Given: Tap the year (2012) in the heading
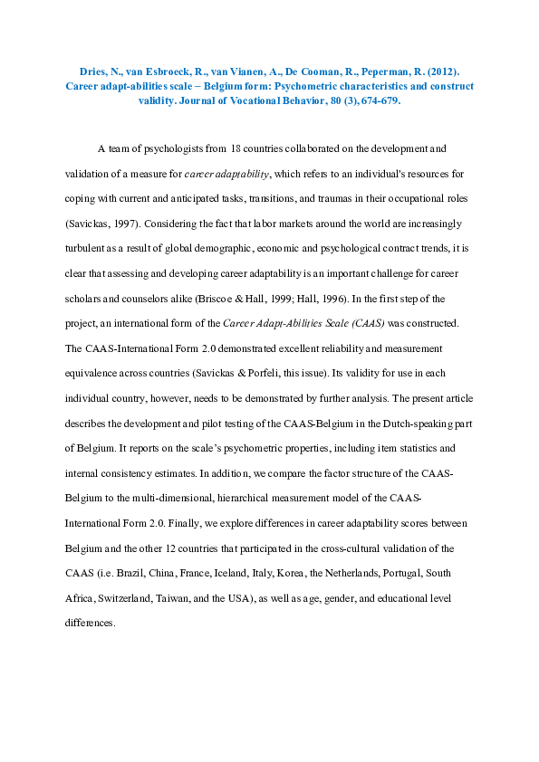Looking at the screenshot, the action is [449, 71].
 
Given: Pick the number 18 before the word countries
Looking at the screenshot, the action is [236, 148].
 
